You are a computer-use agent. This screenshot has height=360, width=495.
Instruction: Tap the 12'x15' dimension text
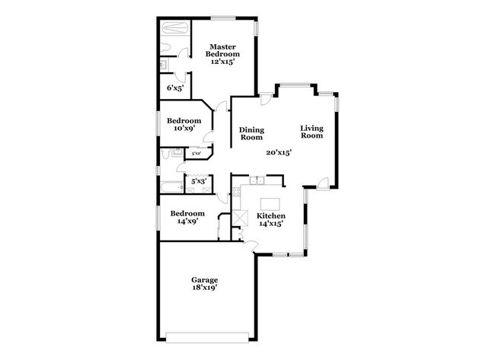coord(224,63)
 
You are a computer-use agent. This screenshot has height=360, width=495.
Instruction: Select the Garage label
coord(204,279)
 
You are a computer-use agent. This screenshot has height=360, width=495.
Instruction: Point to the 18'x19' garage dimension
coord(204,288)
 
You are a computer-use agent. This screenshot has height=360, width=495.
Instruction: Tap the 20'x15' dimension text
coord(279,153)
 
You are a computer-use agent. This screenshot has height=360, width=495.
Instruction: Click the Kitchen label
coord(271,216)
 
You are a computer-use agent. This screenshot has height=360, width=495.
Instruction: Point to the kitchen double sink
coord(257,180)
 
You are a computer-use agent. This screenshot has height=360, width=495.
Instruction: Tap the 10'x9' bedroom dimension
coord(184,129)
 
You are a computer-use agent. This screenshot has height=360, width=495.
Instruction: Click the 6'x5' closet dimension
coord(174,88)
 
